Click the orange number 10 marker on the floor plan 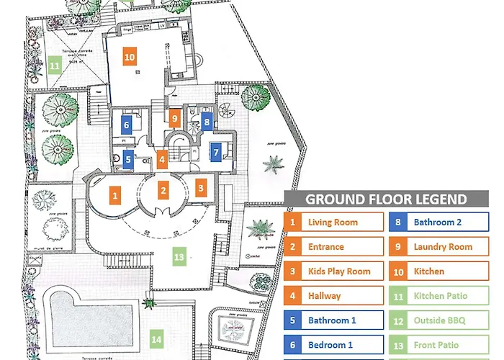[x=130, y=58]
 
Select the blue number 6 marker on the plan [x=127, y=125]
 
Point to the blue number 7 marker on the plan [x=215, y=153]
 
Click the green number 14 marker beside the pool [x=156, y=336]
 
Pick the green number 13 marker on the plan [x=179, y=256]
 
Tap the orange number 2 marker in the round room [x=164, y=191]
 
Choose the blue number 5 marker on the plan [x=128, y=159]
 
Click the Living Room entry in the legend [x=333, y=222]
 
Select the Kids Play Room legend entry [x=333, y=271]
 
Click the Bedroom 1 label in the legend [x=333, y=345]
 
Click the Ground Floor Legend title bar [x=386, y=199]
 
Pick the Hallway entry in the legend [x=333, y=296]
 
